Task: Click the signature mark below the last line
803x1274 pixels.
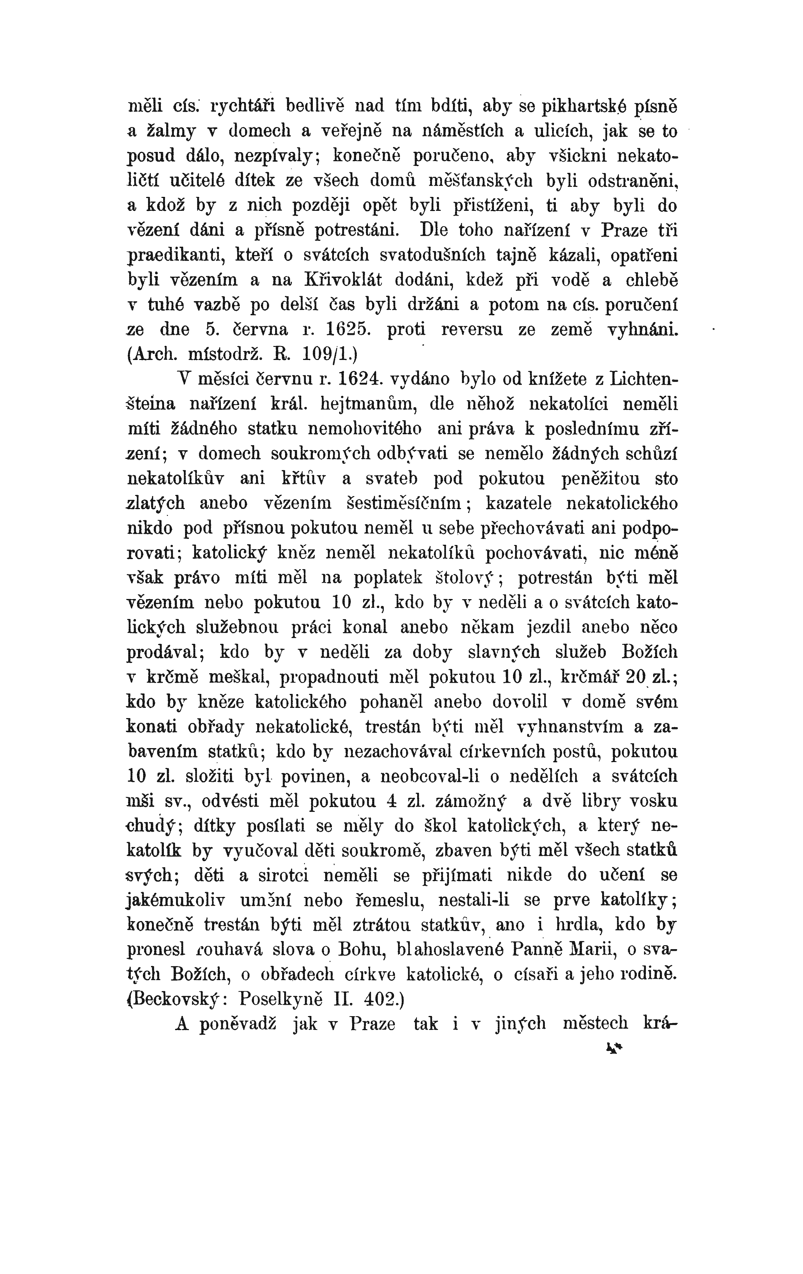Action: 614,1048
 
